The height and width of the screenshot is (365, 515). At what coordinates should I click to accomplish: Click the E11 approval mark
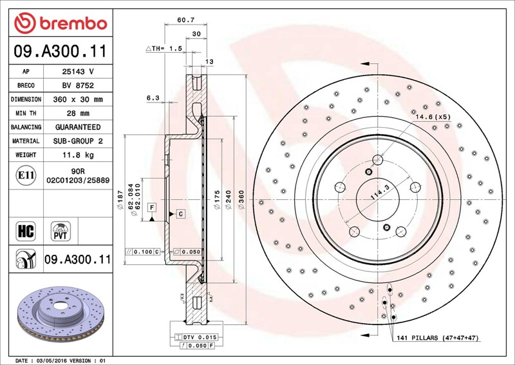pos(26,175)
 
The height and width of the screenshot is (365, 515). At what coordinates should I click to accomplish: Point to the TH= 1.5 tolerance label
pos(164,48)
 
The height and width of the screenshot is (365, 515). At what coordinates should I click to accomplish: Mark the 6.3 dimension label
pos(153,98)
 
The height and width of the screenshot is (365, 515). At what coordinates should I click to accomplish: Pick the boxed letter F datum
pos(152,207)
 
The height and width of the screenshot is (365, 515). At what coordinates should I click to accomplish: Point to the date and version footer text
pos(59,360)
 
